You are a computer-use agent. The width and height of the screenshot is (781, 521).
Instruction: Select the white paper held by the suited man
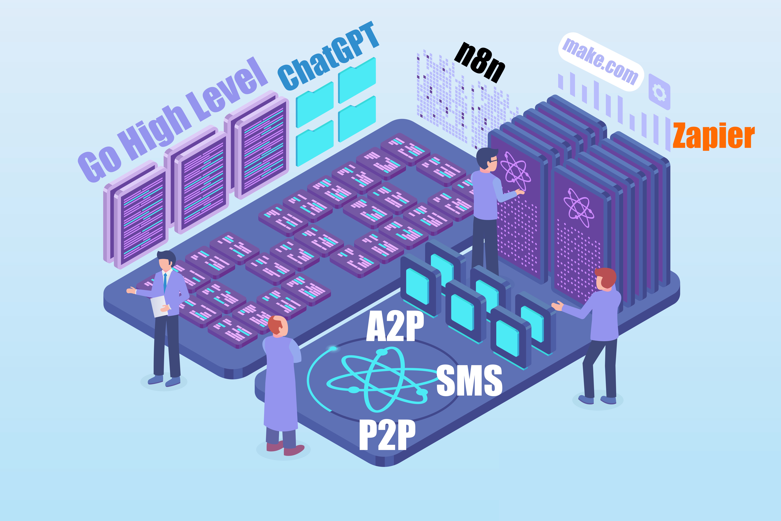[x=159, y=306]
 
